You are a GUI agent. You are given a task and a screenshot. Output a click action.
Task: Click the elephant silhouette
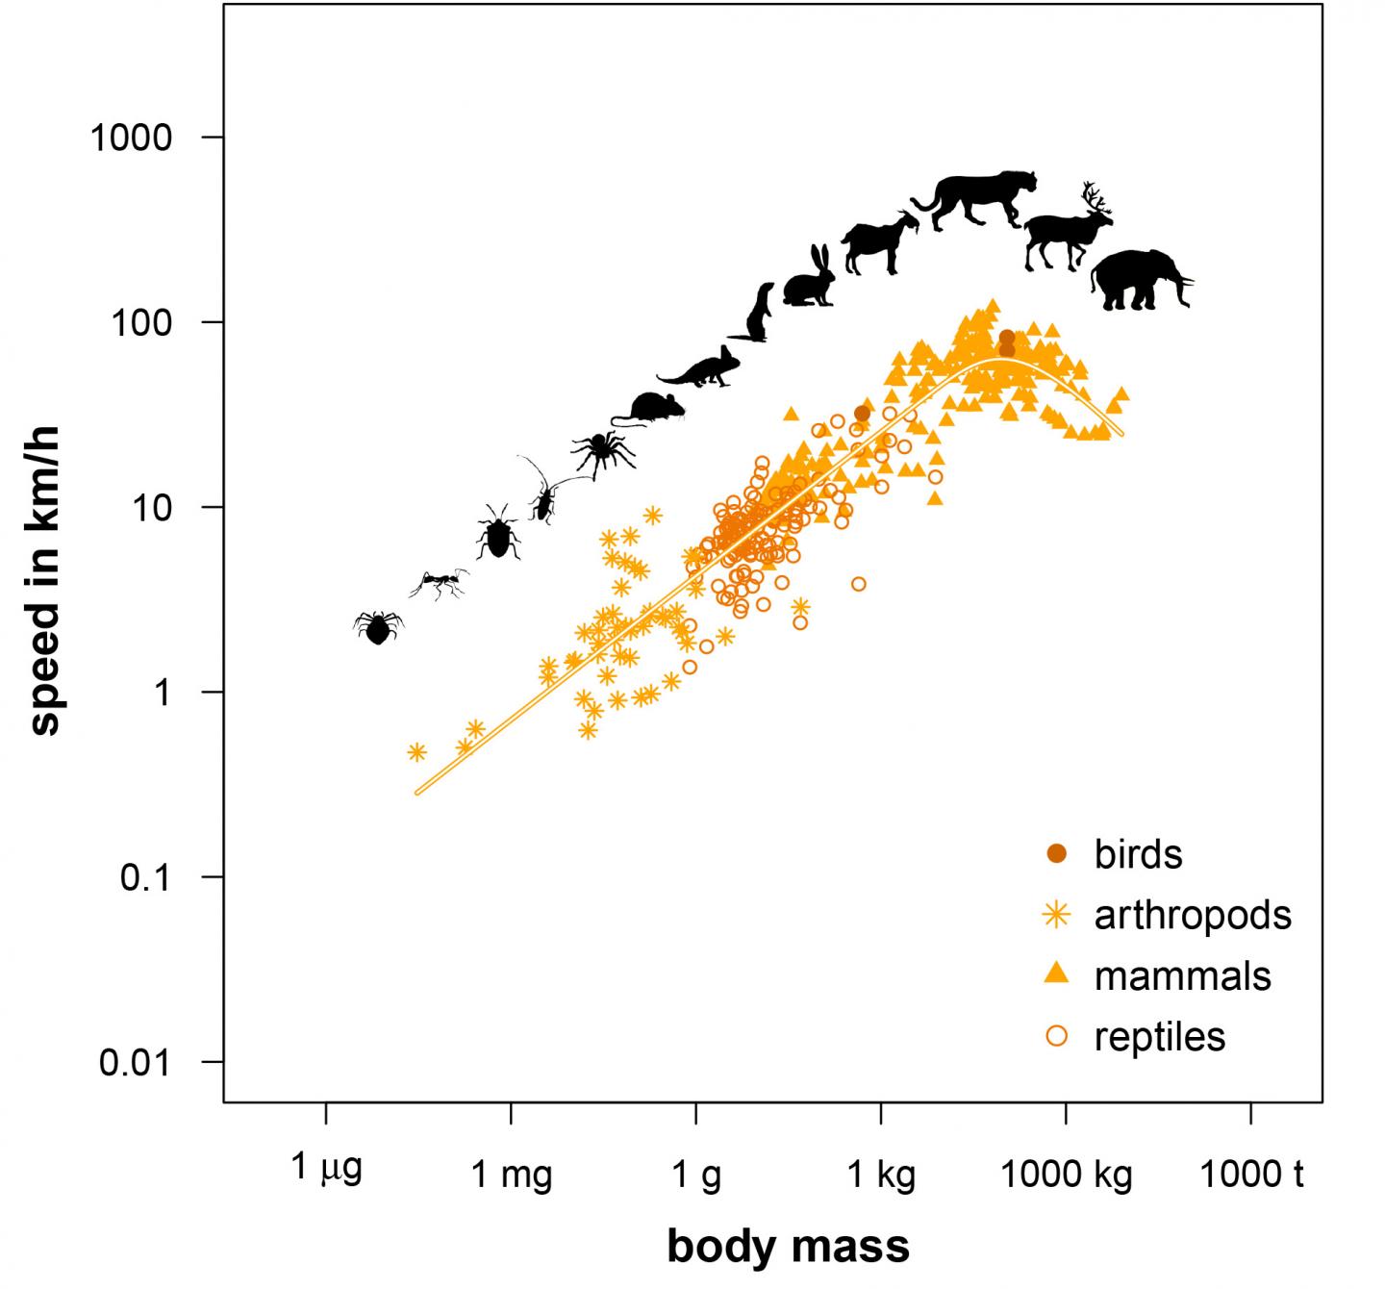(1140, 280)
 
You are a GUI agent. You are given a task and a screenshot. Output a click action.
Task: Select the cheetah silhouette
(976, 199)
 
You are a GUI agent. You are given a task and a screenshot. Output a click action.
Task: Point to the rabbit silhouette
(810, 279)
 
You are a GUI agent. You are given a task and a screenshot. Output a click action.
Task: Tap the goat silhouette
(877, 243)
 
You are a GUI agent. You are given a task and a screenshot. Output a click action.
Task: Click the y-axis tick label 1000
(131, 138)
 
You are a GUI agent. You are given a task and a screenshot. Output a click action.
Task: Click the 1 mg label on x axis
(511, 1175)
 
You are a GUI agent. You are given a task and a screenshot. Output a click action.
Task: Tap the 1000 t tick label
(1250, 1175)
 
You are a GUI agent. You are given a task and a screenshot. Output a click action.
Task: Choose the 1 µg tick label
(326, 1170)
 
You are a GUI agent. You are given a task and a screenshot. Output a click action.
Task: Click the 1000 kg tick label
(1066, 1175)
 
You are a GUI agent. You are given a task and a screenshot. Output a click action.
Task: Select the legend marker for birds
(1057, 853)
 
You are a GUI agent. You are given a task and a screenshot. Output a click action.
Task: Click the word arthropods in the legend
(1193, 915)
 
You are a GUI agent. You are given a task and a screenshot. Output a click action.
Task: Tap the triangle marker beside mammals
(1057, 975)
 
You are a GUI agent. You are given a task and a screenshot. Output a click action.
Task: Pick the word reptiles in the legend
(1160, 1037)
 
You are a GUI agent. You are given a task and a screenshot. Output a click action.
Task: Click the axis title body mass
(788, 1246)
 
